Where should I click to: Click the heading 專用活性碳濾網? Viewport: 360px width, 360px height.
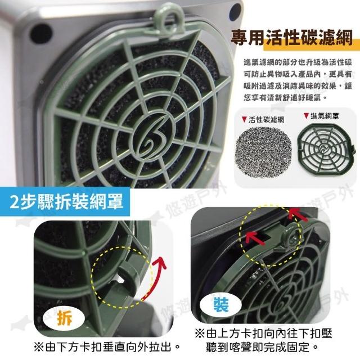click(291, 38)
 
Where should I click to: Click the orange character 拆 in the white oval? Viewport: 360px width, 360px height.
click(65, 317)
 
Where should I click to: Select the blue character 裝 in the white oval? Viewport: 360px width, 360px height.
click(221, 304)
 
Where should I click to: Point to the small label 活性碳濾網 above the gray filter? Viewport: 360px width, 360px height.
click(266, 119)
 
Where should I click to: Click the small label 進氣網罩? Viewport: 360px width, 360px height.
click(325, 116)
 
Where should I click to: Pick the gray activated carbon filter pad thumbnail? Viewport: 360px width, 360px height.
click(264, 151)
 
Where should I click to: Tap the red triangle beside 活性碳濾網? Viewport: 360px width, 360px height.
click(245, 119)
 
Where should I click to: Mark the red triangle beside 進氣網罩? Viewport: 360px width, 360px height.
click(306, 116)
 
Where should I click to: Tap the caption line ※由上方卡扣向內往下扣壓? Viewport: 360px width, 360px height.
click(263, 334)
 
